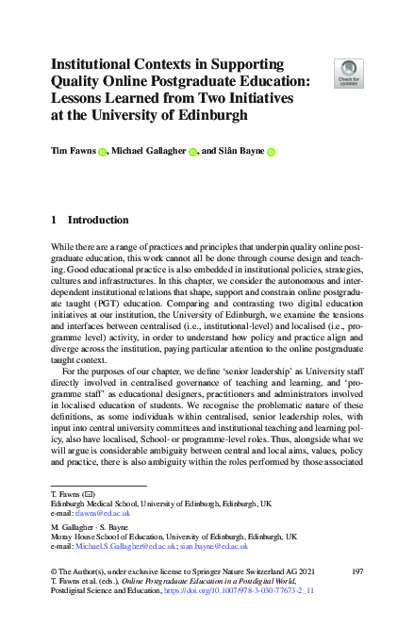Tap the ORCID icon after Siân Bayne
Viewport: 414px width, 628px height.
270,150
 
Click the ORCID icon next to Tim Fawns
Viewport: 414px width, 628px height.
103,150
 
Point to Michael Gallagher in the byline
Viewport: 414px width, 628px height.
150,149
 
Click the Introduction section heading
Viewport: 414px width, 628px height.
98,220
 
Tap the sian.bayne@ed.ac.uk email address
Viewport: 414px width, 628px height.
222,546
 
